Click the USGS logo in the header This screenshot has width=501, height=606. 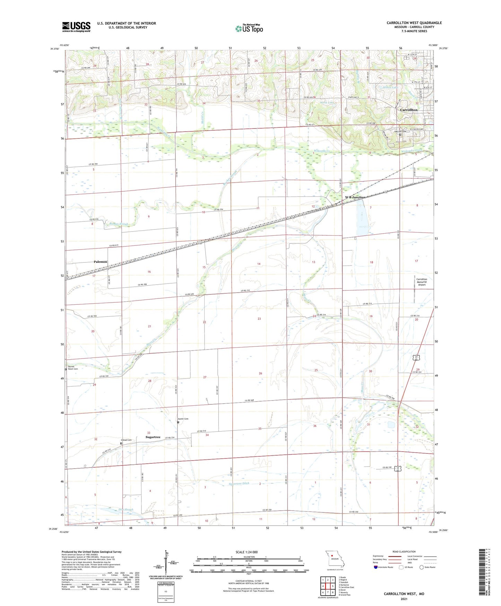(76, 27)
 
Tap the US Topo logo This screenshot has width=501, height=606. (249, 28)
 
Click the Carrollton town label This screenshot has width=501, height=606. (409, 110)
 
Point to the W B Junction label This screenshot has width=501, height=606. (355, 197)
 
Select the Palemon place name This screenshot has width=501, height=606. (101, 262)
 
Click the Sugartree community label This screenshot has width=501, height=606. (153, 437)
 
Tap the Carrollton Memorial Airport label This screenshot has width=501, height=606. (422, 282)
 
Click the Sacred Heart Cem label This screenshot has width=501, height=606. (73, 368)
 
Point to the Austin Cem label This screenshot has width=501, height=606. (183, 419)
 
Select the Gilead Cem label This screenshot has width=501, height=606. (127, 440)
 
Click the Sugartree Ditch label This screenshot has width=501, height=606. (239, 483)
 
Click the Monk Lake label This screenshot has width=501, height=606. (327, 103)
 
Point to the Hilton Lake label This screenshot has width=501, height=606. (391, 87)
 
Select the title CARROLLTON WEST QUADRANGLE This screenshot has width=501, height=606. (414, 23)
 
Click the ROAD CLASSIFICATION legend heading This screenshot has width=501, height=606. (404, 552)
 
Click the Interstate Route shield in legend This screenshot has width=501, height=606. (376, 567)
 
